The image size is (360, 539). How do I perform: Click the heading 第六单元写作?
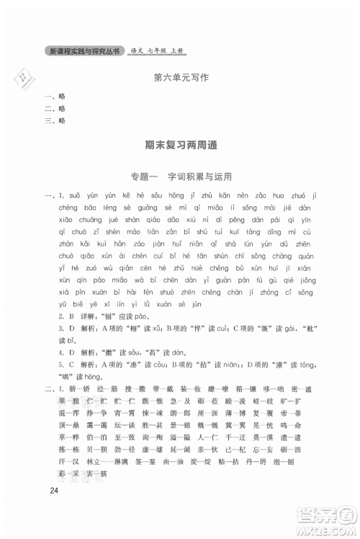click(x=180, y=79)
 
